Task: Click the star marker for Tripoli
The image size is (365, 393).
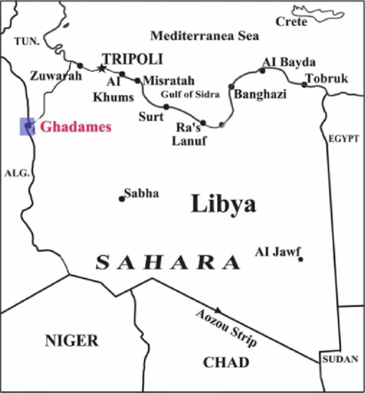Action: [101, 68]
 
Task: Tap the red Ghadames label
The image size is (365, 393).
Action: [74, 125]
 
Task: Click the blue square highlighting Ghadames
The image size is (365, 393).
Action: [27, 125]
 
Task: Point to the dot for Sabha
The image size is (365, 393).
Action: [121, 198]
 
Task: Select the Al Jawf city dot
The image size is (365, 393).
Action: [301, 259]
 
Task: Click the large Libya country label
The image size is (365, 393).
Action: [224, 204]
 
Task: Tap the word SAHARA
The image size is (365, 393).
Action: [169, 263]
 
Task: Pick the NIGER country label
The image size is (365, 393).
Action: [72, 341]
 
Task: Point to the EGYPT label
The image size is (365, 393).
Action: [342, 139]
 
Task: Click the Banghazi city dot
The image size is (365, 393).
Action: [231, 86]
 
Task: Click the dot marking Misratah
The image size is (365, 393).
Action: [137, 81]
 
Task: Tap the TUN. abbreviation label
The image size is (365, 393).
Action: [26, 42]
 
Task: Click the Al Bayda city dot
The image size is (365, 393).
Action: [262, 70]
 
